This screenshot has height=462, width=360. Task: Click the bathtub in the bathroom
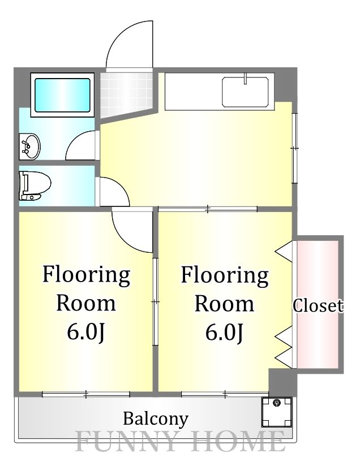[62, 95]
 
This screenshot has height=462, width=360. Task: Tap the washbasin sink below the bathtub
[29, 146]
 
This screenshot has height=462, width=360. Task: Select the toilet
[35, 185]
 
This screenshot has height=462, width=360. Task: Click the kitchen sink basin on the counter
[245, 92]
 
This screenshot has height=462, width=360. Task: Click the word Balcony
[156, 419]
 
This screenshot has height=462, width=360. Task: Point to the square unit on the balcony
[277, 412]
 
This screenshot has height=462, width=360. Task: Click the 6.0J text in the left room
[86, 332]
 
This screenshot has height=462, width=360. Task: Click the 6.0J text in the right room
[224, 332]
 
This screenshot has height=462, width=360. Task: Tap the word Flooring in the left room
[87, 275]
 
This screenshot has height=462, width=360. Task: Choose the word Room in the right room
[224, 303]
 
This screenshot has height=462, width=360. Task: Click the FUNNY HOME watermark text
[181, 441]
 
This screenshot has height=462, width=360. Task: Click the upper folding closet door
[284, 251]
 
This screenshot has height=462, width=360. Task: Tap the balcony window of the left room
[86, 394]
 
